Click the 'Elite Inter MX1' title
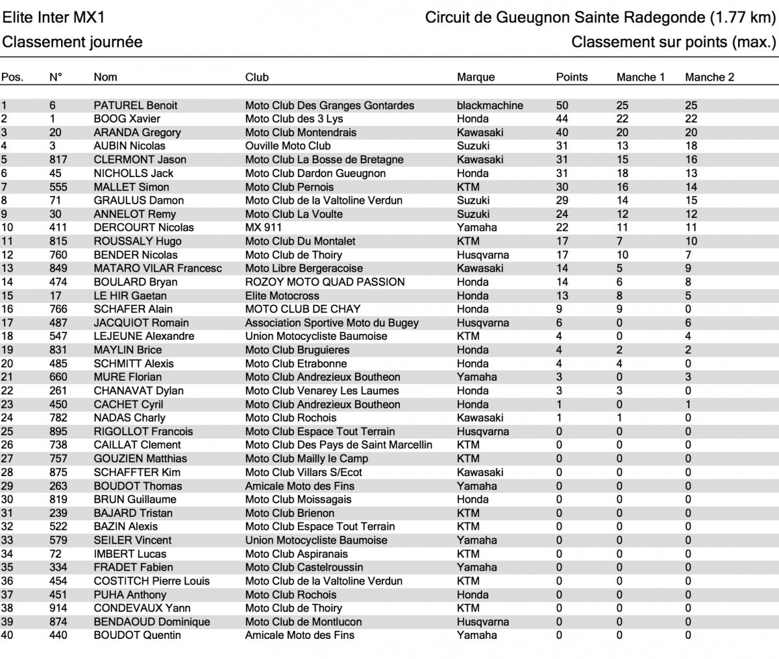pos(54,18)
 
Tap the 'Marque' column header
pos(475,77)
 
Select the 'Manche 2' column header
pos(709,77)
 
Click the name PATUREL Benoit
pos(135,105)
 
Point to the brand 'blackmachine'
pos(489,105)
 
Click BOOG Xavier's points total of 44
pos(562,119)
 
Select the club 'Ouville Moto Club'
pos(288,146)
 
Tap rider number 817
pos(58,160)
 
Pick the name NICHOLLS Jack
pos(133,173)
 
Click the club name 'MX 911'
pos(263,228)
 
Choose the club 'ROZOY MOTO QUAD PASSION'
pos(325,282)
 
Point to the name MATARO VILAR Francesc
pos(157,269)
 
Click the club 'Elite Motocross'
pos(282,296)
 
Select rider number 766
pos(58,309)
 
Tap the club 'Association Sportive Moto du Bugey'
pos(332,323)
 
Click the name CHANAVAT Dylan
pos(138,390)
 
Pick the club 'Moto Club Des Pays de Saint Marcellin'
pos(338,445)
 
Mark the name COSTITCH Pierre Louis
pos(151,581)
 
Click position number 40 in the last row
pos(7,635)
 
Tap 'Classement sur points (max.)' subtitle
pos(673,42)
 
